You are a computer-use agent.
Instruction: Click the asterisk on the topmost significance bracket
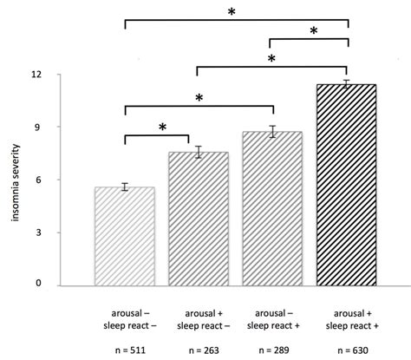pyautogui.click(x=232, y=11)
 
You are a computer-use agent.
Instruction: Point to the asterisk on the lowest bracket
pyautogui.click(x=162, y=128)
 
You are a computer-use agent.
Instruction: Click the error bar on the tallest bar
pyautogui.click(x=347, y=84)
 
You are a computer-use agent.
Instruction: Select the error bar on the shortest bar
pyautogui.click(x=125, y=187)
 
